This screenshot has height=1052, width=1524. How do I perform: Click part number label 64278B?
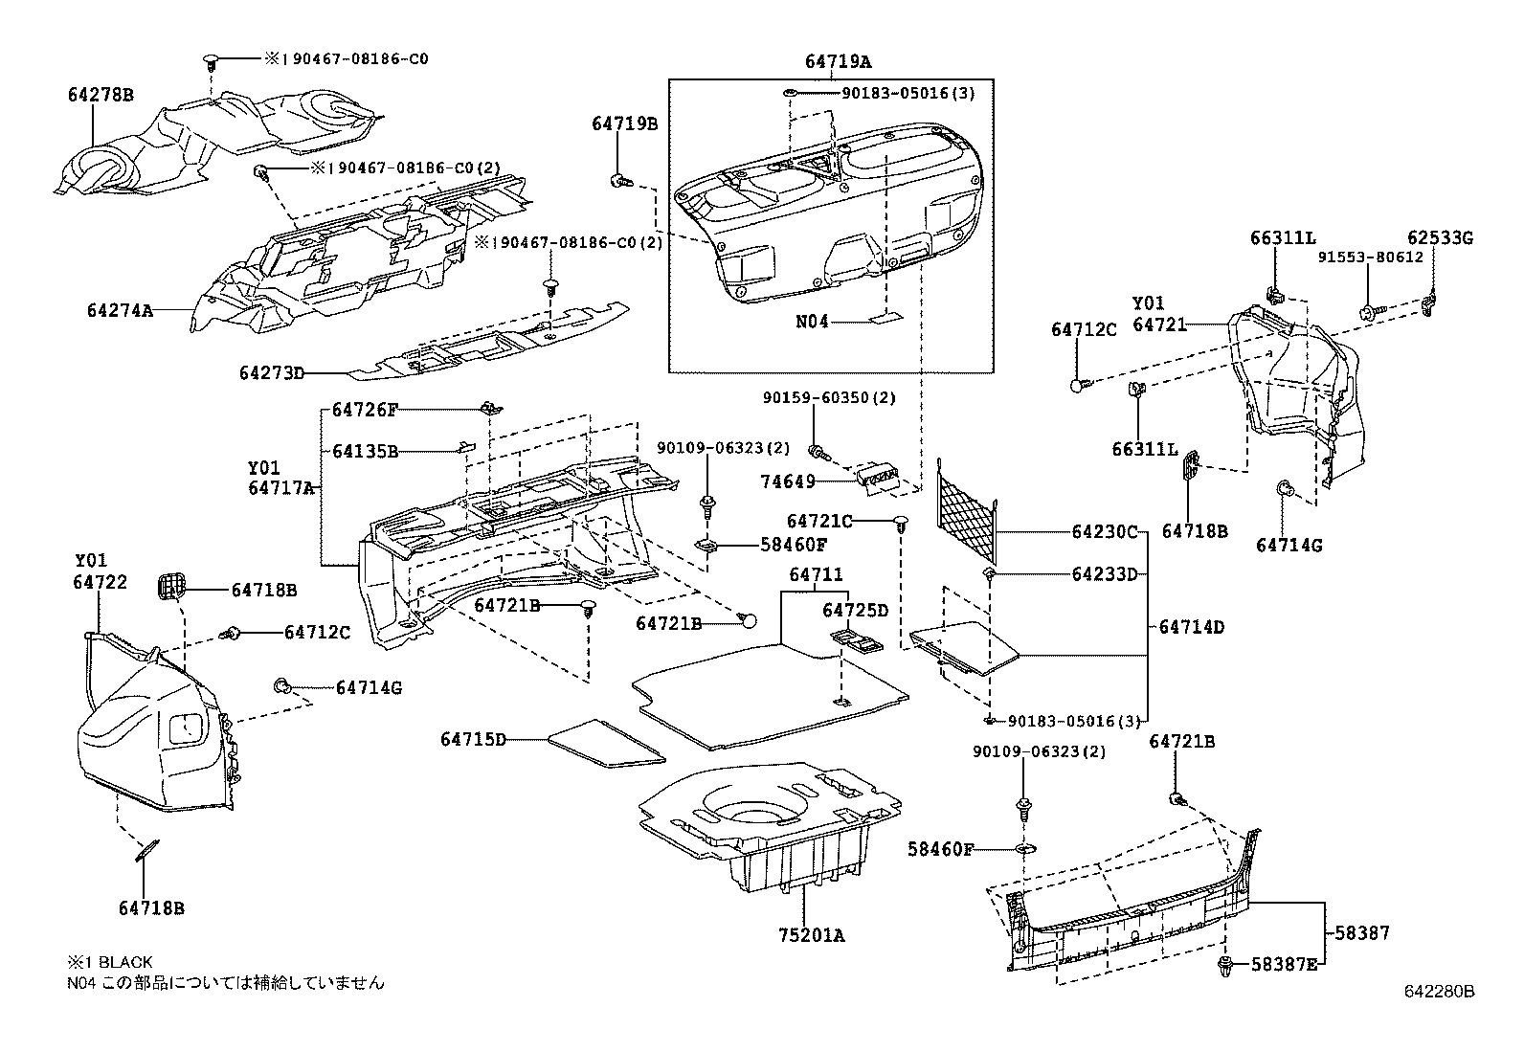pos(100,95)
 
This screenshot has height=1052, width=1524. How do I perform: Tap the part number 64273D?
pos(271,373)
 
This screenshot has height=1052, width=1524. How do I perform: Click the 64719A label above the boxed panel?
pos(838,62)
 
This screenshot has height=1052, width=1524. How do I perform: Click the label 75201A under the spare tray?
pos(811,935)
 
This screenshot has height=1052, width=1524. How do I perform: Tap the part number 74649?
pos(788,482)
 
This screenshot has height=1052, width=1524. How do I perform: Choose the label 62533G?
pos(1440,238)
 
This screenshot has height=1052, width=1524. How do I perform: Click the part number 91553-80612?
pos(1370,257)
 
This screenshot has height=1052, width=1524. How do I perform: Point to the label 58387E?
pos(1284,964)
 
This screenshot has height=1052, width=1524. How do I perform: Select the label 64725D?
pos(856,611)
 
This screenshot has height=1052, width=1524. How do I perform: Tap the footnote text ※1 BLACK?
pos(109,962)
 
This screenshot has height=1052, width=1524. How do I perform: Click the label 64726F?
pos(365,410)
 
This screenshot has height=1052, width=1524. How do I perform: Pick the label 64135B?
pos(365,451)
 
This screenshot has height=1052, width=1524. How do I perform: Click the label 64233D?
pos(1104,574)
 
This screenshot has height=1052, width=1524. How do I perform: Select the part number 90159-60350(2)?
pos(829,397)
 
